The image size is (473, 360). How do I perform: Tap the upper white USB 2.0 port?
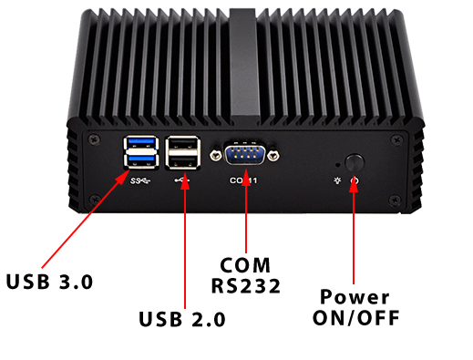click(184, 143)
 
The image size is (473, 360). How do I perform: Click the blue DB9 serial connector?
click(244, 153)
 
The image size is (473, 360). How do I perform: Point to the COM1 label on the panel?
click(244, 180)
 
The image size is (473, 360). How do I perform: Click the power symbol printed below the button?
click(354, 182)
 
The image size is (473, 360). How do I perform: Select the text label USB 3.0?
click(50, 281)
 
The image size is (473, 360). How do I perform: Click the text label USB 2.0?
click(182, 319)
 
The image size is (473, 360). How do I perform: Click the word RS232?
click(245, 286)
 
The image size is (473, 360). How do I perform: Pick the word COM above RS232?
click(245, 265)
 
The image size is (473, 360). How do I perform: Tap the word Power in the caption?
click(355, 298)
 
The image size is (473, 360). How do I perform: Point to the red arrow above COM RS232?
click(246, 219)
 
